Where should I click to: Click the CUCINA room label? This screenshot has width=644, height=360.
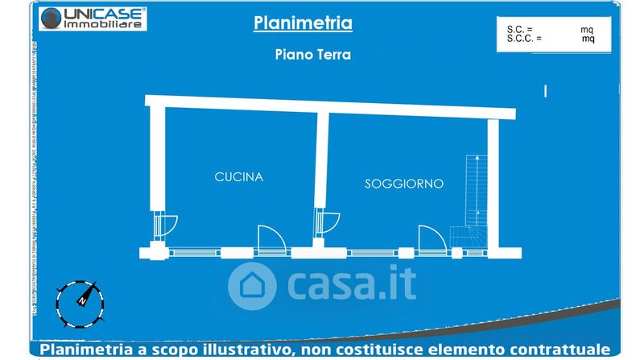coord(239,176)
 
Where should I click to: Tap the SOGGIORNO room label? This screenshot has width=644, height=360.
coord(404,184)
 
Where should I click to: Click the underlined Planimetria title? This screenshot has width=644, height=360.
coord(303,23)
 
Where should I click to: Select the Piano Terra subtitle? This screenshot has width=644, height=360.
coord(303,56)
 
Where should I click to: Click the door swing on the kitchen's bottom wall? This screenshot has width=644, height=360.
coord(269,237)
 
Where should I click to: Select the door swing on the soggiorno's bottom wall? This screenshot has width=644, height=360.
coord(430,237)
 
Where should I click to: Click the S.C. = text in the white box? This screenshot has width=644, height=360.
coord(520,28)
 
